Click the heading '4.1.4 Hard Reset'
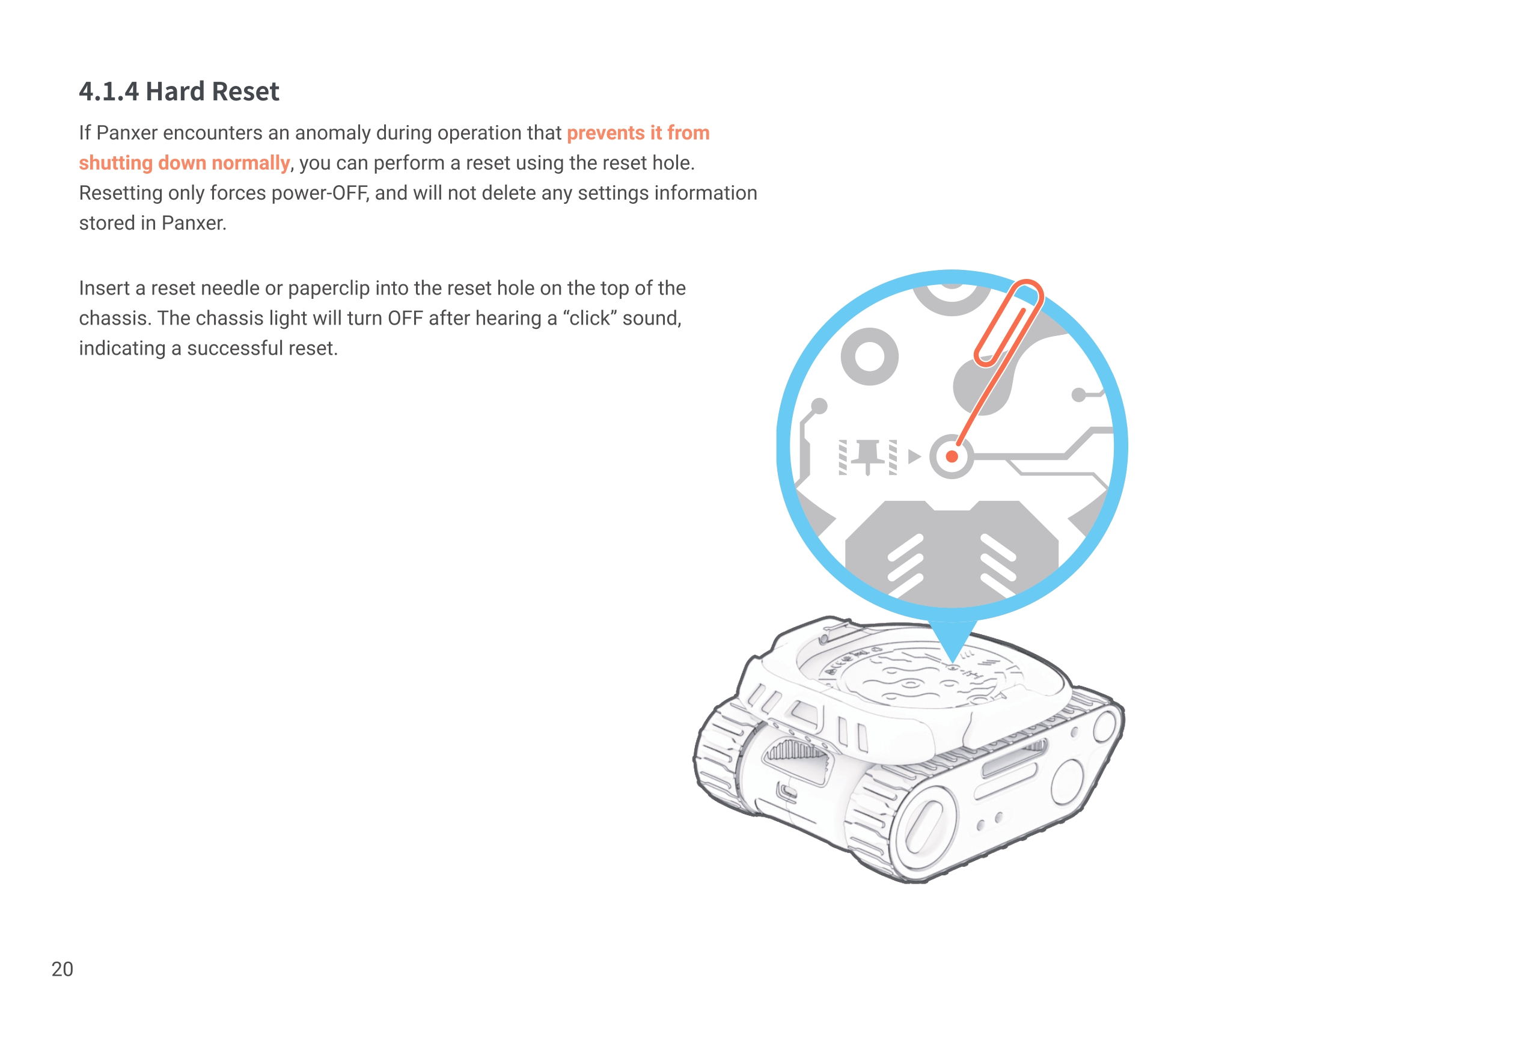[x=179, y=91]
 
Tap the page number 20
[x=62, y=969]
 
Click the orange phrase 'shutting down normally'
[x=184, y=163]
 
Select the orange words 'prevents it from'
[x=638, y=133]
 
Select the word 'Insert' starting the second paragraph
[x=105, y=289]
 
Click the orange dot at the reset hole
[x=952, y=456]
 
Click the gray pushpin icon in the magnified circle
[x=867, y=456]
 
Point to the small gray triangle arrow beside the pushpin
[x=914, y=456]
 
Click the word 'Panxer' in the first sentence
[x=127, y=133]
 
